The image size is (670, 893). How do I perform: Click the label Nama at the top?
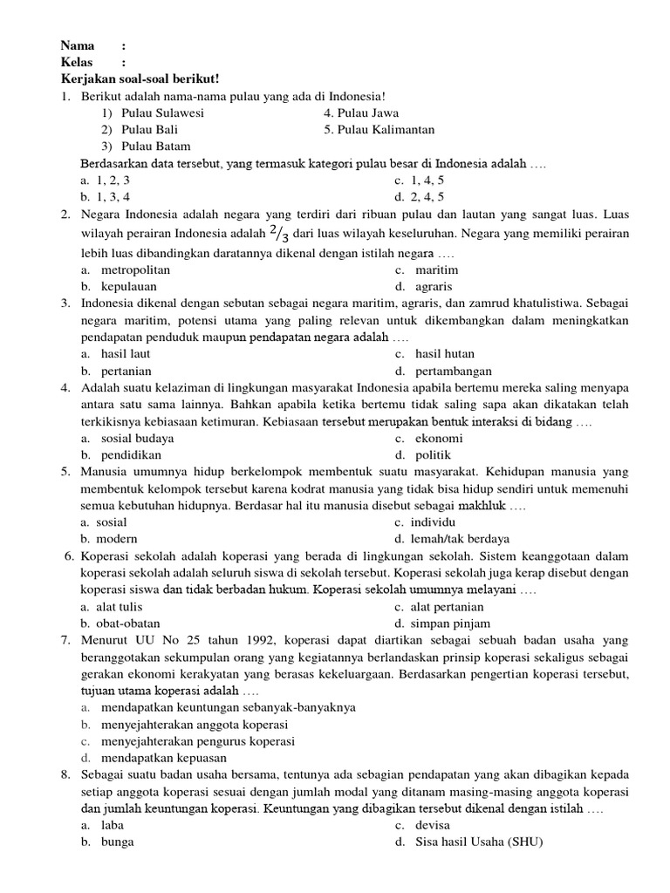tap(78, 45)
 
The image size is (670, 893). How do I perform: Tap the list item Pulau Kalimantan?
tap(379, 129)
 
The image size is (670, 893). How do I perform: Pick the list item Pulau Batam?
tap(155, 146)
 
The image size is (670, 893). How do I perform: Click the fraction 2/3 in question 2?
tap(279, 234)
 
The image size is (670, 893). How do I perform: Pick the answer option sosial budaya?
tap(137, 438)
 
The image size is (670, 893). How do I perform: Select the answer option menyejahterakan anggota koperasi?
tap(195, 724)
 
